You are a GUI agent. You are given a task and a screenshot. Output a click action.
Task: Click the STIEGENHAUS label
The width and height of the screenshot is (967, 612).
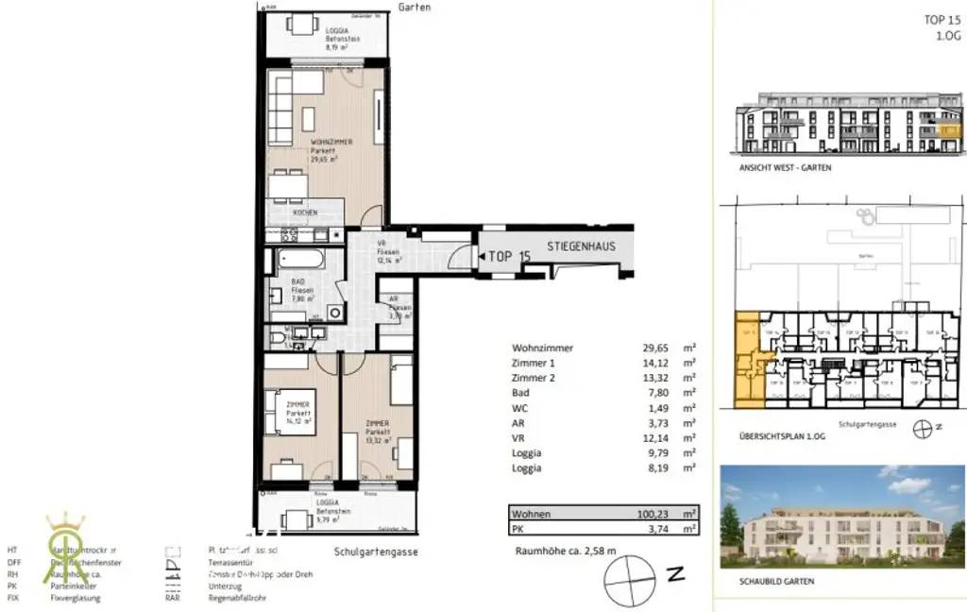(581, 246)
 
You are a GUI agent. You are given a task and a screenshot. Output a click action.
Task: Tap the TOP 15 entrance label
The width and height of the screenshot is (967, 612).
(509, 256)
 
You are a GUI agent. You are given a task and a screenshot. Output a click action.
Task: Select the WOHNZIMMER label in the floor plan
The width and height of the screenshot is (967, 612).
(331, 143)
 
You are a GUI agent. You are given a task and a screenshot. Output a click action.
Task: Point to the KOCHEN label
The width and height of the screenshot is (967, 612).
(305, 213)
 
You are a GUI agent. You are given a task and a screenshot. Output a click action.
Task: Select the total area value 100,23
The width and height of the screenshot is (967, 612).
(652, 514)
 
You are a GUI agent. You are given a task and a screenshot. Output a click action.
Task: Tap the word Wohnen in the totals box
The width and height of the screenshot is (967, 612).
(531, 514)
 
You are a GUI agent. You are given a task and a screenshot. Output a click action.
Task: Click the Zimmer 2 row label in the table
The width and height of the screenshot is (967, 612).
(534, 378)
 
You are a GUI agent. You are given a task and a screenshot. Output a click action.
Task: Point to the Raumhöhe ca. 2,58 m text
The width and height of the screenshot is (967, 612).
(565, 551)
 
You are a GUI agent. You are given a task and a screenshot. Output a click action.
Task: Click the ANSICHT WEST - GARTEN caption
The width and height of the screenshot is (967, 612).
(776, 167)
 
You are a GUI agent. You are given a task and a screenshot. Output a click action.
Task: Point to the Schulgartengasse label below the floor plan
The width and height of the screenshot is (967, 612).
(375, 552)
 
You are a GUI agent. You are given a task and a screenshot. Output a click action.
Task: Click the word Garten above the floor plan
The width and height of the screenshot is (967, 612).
(415, 7)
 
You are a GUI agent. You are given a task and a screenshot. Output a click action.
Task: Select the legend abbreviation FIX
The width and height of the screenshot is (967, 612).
(12, 598)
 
